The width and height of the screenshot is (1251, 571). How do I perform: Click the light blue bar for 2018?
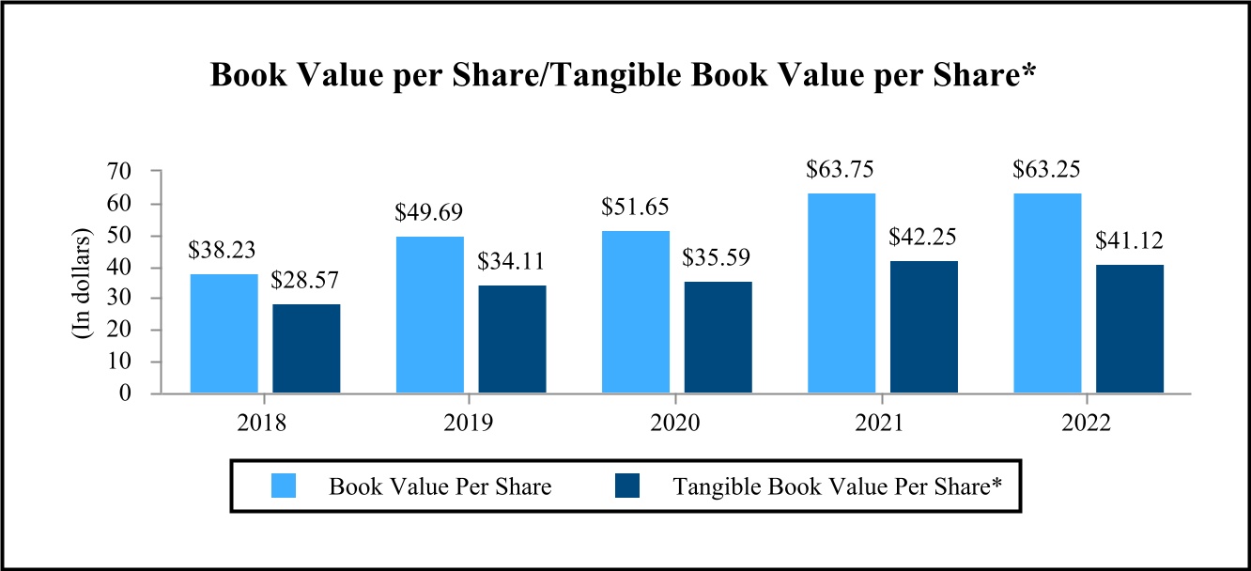pos(224,333)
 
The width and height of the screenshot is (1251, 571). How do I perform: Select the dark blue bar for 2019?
pos(512,339)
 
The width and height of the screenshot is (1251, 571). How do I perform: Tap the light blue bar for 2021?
pos(842,293)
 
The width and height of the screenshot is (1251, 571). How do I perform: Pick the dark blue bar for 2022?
pos(1130,329)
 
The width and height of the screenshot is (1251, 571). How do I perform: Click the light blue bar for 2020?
pos(636,312)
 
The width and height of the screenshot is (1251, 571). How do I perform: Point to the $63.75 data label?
pos(842,170)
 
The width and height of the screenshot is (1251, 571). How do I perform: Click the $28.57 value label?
pos(307,281)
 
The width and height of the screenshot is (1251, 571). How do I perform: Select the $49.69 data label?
pos(430,211)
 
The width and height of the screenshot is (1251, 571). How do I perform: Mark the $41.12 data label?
pos(1130,241)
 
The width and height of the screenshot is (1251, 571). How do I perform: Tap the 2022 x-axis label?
pos(1088,422)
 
